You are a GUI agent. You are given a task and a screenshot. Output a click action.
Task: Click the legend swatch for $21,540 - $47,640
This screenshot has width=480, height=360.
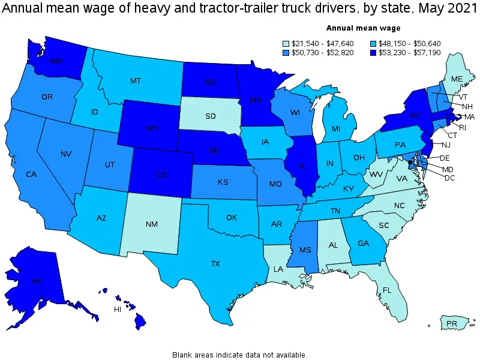(x=286, y=43)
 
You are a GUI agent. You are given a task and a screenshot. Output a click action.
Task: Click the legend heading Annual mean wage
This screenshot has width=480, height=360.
(x=363, y=28)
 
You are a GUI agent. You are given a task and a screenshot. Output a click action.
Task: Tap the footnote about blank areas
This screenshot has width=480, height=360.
(x=239, y=355)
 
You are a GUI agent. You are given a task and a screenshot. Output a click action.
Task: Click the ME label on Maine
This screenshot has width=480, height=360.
(x=457, y=78)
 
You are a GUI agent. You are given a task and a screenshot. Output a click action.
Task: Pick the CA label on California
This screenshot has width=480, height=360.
(x=31, y=174)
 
